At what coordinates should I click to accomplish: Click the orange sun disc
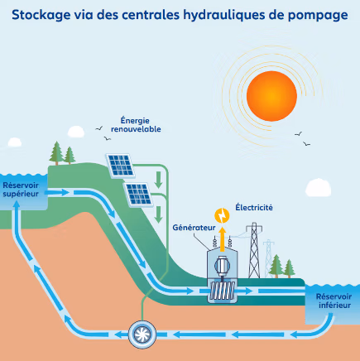click(271, 96)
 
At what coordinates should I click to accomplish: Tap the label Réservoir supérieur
click(21, 190)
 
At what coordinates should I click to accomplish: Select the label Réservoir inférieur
click(334, 301)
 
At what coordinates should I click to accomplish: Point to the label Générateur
click(194, 228)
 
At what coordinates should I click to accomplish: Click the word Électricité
click(254, 207)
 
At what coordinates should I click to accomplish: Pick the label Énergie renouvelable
click(136, 125)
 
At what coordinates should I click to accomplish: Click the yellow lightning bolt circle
click(222, 215)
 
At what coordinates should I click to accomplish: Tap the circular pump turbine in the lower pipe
click(142, 335)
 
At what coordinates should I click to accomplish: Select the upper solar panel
click(121, 166)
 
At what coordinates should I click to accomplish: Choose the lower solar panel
click(139, 195)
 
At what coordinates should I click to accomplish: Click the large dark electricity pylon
click(254, 250)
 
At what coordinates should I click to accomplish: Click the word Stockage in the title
click(41, 15)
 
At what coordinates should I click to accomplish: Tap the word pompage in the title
click(318, 16)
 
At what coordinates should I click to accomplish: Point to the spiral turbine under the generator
click(223, 291)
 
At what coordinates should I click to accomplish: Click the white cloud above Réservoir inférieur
click(318, 188)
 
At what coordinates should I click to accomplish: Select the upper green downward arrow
click(158, 180)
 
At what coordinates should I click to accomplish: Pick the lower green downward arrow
click(158, 214)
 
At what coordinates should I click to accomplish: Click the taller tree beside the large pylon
click(276, 266)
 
